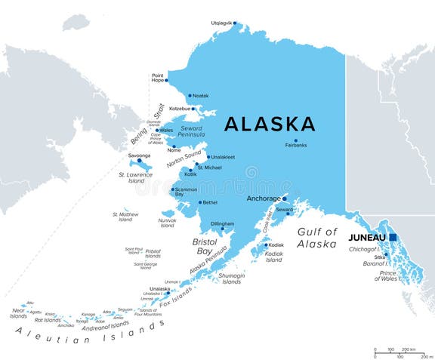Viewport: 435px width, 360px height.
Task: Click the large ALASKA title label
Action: (270, 124)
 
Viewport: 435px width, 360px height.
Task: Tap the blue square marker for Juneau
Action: (393, 237)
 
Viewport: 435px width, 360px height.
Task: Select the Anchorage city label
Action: (263, 198)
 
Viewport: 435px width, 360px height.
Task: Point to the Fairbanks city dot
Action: (295, 140)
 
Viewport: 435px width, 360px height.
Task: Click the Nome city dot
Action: (174, 146)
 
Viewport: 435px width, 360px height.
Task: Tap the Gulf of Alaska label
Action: (316, 238)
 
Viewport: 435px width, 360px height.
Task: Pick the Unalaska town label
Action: (159, 288)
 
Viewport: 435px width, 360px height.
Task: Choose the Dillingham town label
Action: (222, 224)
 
